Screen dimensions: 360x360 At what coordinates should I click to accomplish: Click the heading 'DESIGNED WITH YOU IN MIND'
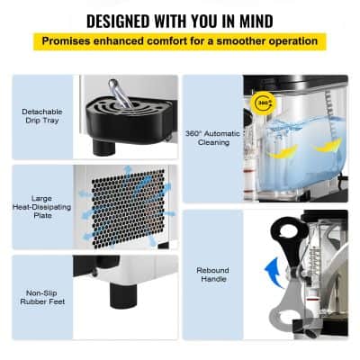pyautogui.click(x=180, y=20)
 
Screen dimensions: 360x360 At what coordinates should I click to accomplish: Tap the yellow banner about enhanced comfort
pyautogui.click(x=180, y=40)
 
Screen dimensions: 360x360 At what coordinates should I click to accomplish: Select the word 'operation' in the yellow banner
pyautogui.click(x=290, y=40)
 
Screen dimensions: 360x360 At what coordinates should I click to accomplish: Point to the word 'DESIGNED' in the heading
pyautogui.click(x=114, y=20)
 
